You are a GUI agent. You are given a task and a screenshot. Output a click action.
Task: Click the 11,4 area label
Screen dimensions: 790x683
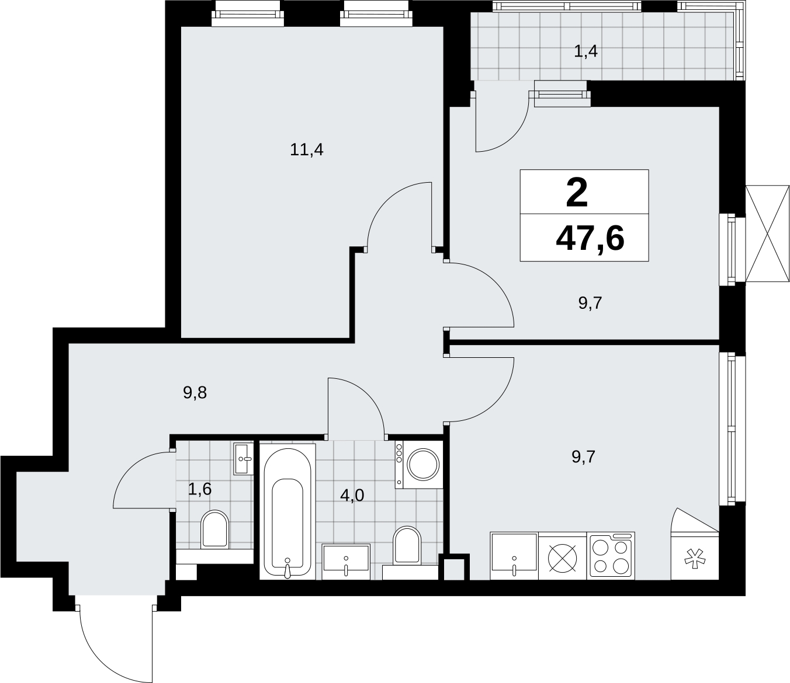pyautogui.click(x=307, y=149)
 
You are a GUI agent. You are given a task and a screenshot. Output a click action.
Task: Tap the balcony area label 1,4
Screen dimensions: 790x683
pyautogui.click(x=586, y=51)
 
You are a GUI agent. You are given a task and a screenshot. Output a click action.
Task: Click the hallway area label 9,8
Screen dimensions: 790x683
pyautogui.click(x=195, y=392)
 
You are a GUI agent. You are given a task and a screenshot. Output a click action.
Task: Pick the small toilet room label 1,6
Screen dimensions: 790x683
pyautogui.click(x=200, y=489)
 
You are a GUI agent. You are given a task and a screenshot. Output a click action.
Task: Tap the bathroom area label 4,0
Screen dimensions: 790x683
pyautogui.click(x=352, y=496)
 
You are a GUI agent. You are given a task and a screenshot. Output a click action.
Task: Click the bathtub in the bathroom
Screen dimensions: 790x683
pyautogui.click(x=287, y=511)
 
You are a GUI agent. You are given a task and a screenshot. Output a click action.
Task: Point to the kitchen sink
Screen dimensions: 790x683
pyautogui.click(x=514, y=556)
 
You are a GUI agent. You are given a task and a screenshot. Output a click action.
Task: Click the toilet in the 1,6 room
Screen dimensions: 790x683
pyautogui.click(x=215, y=529)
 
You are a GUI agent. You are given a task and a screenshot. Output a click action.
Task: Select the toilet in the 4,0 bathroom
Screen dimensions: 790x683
pyautogui.click(x=407, y=545)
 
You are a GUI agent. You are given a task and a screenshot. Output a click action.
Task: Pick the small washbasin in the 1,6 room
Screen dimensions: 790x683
pyautogui.click(x=243, y=458)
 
